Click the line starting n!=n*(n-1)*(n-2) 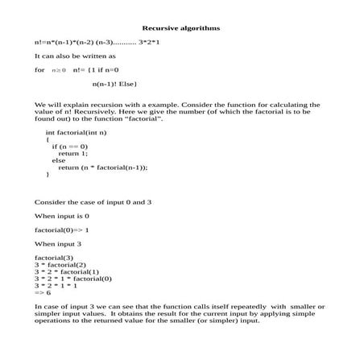[x=97, y=40]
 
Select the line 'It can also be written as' [x=75, y=56]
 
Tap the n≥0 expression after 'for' [x=58, y=71]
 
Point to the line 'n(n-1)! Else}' [x=118, y=84]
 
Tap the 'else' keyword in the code [x=60, y=160]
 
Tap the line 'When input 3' [x=58, y=243]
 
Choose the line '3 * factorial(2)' [x=60, y=264]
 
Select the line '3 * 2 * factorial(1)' [x=67, y=271]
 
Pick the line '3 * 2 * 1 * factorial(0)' [x=73, y=279]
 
